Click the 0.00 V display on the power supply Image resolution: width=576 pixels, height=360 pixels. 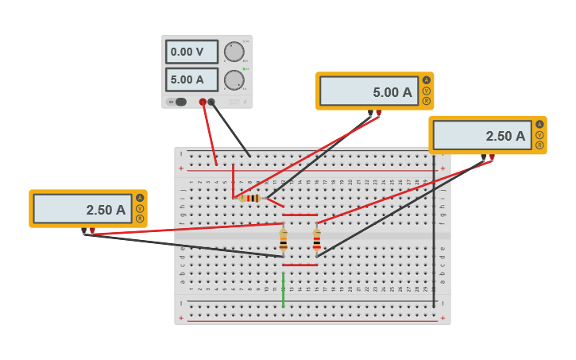point(191,52)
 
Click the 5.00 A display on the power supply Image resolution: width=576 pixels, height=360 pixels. point(191,79)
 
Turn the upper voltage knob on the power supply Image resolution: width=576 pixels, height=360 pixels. point(234,52)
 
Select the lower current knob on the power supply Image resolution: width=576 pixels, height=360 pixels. point(234,80)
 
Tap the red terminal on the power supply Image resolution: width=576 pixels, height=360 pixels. point(203,102)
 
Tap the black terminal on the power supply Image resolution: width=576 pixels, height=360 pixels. point(211,102)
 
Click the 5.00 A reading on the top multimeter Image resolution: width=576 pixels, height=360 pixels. point(369,91)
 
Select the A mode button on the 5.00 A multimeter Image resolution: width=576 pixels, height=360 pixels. point(426,80)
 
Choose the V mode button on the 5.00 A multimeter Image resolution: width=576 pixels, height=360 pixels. point(426,91)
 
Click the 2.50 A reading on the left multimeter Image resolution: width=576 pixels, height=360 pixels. point(83,209)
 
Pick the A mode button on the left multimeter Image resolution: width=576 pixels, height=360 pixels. point(140,198)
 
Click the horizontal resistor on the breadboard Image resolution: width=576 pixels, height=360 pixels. point(251,198)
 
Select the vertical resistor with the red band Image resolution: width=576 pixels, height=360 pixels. point(316,239)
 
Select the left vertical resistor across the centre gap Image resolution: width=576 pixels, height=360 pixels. point(283,239)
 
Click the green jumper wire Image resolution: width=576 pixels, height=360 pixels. point(283,290)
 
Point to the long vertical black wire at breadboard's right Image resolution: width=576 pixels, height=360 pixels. point(434,238)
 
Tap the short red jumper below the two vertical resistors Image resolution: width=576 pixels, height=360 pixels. point(300,265)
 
